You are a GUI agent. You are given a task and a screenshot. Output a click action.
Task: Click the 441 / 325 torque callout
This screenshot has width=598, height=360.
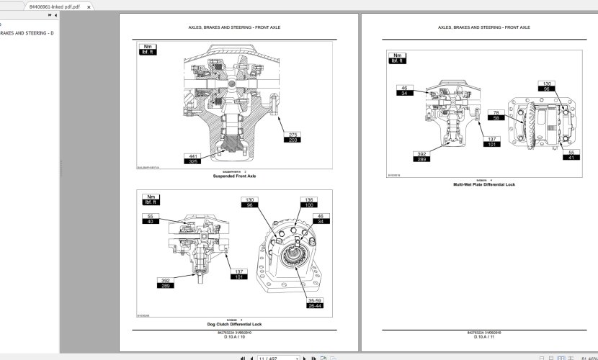pos(192,158)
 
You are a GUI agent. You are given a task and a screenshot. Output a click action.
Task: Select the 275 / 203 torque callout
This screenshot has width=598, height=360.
pos(293,138)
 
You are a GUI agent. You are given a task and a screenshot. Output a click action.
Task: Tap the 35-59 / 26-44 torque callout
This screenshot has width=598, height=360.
pos(314,303)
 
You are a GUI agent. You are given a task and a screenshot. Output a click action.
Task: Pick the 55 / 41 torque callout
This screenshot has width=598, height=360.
pos(571,155)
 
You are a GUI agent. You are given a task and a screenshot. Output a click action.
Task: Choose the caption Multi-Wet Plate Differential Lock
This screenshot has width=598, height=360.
pos(483,184)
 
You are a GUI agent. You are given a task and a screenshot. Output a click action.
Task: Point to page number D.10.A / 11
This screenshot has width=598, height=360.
pos(483,337)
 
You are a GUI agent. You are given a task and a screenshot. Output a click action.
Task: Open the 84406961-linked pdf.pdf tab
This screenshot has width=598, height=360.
pos(50,6)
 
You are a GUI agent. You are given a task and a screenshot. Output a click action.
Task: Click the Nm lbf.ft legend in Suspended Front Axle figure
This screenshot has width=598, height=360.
pos(147,50)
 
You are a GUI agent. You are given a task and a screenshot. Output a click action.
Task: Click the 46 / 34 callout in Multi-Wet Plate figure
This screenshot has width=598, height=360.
pos(403,90)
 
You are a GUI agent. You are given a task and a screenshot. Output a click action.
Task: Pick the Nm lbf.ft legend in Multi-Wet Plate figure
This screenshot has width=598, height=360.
pos(396,58)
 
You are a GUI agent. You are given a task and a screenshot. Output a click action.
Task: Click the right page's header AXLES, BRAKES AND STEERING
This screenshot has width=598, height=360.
pos(483,27)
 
